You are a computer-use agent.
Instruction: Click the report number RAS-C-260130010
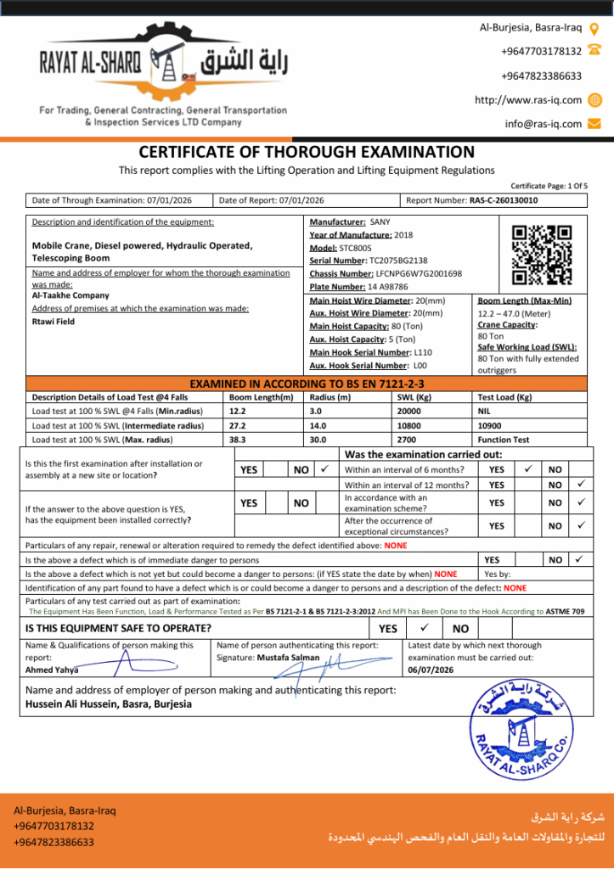pyautogui.click(x=504, y=201)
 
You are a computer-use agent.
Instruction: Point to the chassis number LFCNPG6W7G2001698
pyautogui.click(x=419, y=274)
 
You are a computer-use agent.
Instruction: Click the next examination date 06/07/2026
pyautogui.click(x=431, y=670)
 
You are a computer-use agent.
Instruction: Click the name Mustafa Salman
pyautogui.click(x=290, y=658)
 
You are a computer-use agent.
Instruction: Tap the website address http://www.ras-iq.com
pyautogui.click(x=528, y=100)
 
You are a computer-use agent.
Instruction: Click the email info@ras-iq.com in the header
pyautogui.click(x=544, y=124)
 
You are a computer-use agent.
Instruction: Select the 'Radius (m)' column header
pyautogui.click(x=330, y=397)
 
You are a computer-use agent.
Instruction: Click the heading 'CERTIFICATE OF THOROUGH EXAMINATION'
pyautogui.click(x=307, y=153)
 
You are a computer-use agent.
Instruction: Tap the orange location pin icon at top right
pyautogui.click(x=594, y=28)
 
